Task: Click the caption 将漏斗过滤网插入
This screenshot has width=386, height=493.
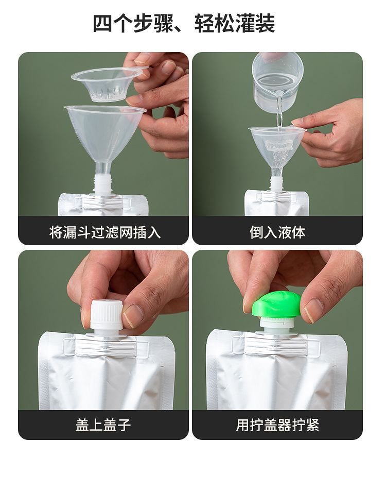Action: (105, 232)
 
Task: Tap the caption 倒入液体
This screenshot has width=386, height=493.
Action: (277, 232)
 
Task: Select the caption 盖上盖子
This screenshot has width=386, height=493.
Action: (103, 425)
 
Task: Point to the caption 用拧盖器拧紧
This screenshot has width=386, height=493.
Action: (277, 425)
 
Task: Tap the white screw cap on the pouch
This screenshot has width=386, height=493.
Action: (107, 315)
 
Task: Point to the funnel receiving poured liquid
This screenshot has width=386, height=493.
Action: (276, 147)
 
